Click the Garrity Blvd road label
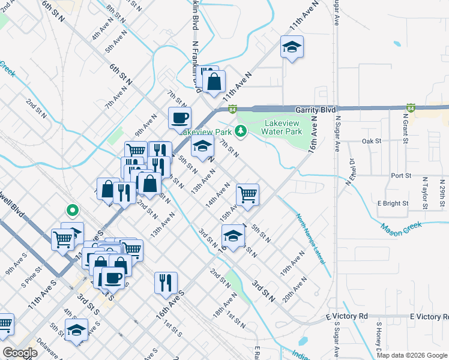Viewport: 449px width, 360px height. [x=315, y=110]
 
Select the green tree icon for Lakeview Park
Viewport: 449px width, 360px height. [x=241, y=130]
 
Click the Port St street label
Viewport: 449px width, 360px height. [x=400, y=176]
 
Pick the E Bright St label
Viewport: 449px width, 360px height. [x=393, y=203]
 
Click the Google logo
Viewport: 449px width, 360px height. [x=20, y=352]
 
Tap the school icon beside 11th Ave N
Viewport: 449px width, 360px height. [x=292, y=47]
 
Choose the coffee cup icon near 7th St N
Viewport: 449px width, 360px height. [x=179, y=118]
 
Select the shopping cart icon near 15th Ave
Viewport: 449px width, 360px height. [x=247, y=194]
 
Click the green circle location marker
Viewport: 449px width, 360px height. [x=72, y=211]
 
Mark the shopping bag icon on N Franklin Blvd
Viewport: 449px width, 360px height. [x=214, y=82]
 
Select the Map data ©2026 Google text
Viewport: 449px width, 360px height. [x=411, y=355]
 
